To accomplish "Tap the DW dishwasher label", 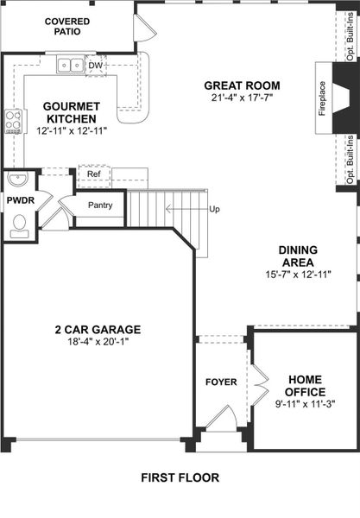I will (95, 65).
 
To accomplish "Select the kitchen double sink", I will (69, 65).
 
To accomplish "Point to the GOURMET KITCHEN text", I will (72, 112).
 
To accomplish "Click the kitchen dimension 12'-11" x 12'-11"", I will (72, 131).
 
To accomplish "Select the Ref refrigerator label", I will (93, 174).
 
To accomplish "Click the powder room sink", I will (17, 180).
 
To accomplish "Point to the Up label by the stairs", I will (214, 209).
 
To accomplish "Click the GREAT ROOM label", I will (242, 85).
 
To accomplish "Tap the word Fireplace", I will (323, 98).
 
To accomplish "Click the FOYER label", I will (220, 382).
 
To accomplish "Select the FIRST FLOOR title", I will (180, 477).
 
